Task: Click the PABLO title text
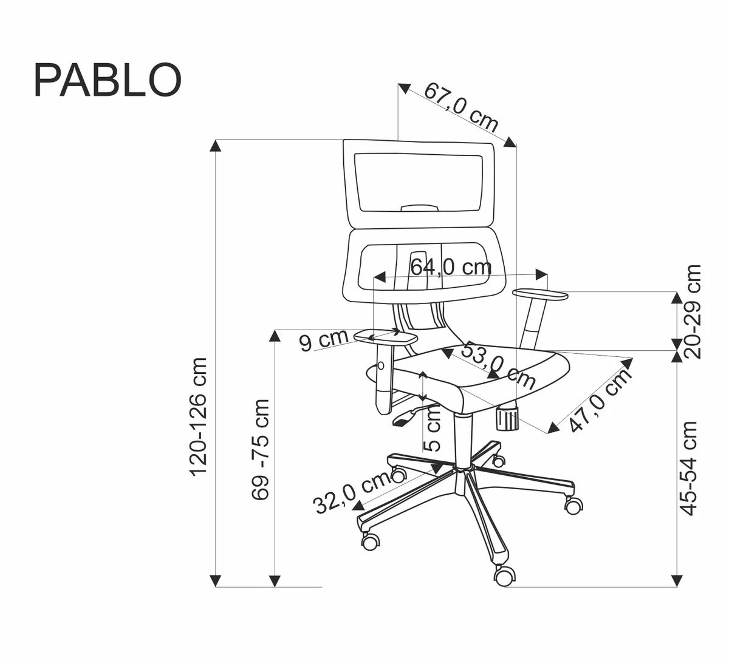point(108,80)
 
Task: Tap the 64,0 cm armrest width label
point(451,267)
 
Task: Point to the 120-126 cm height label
point(200,416)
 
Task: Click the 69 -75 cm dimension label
point(261,449)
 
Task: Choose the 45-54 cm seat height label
point(688,468)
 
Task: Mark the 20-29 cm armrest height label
point(691,311)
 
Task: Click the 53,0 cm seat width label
point(498,366)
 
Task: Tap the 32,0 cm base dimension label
point(352,493)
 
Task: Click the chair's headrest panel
point(420,182)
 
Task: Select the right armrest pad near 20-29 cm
point(540,294)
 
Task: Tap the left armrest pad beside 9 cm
point(384,336)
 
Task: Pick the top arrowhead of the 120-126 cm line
point(216,145)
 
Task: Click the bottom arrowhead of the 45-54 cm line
point(677,581)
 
